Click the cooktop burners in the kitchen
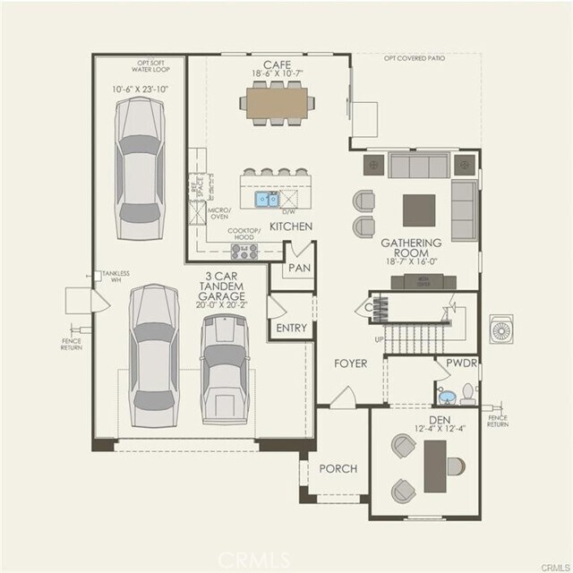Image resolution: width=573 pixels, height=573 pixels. tap(244, 251)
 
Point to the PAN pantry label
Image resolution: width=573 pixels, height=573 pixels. tap(297, 269)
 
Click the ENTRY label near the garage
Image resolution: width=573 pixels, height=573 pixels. tap(291, 328)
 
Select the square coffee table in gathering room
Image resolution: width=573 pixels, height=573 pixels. tap(419, 210)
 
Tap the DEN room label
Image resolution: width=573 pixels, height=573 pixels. tap(438, 419)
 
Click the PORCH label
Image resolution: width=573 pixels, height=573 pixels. tap(338, 468)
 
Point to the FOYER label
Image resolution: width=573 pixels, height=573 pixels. tap(351, 363)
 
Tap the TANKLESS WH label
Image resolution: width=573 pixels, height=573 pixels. tap(115, 274)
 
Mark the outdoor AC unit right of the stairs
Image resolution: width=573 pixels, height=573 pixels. tap(502, 329)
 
